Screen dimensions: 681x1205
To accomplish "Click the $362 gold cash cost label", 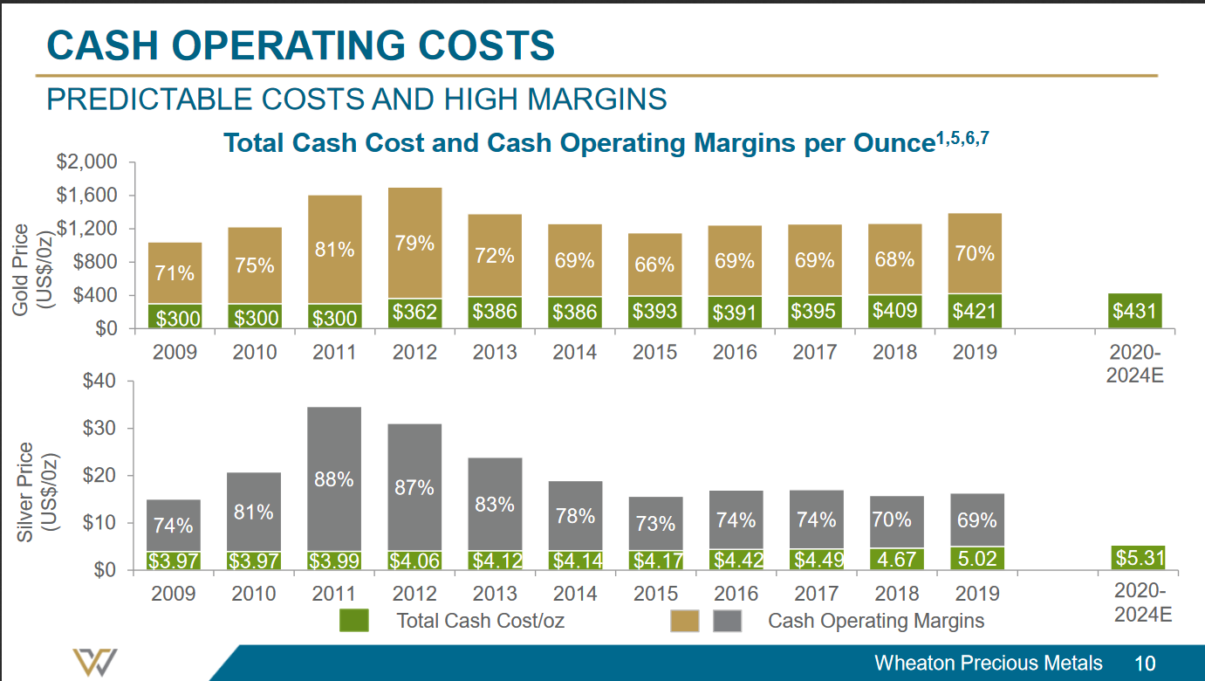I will click(x=414, y=311).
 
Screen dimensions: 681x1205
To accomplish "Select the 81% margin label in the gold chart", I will click(x=334, y=250).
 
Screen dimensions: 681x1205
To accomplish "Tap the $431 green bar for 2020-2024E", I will click(x=1134, y=311).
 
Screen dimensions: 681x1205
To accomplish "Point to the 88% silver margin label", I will click(x=334, y=479).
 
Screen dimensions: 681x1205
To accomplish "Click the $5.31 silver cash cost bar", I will click(x=1139, y=557).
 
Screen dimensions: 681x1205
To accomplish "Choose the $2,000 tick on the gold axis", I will click(x=87, y=162).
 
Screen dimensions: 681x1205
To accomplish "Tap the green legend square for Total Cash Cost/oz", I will click(x=354, y=621).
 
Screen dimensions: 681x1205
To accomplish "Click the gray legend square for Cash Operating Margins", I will click(x=728, y=621).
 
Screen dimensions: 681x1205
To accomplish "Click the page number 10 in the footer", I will click(x=1145, y=663).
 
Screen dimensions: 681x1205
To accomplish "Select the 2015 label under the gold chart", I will click(x=654, y=353).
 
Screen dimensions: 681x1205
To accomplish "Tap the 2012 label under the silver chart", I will click(x=414, y=594).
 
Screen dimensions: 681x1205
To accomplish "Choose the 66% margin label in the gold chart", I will click(x=654, y=264).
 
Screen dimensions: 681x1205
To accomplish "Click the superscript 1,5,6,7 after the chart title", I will click(x=962, y=137).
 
